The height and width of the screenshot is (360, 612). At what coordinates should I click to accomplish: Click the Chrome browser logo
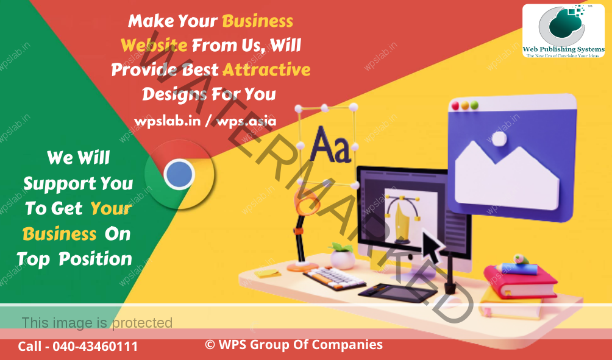[179, 175]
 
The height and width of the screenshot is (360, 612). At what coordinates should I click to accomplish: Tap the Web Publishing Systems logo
[563, 31]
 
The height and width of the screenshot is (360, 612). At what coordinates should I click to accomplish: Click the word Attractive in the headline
[266, 70]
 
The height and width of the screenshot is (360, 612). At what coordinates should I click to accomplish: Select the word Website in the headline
[154, 45]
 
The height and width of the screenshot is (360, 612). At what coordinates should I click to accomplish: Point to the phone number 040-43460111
[95, 347]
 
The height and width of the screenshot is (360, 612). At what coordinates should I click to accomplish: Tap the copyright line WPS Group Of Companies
[294, 345]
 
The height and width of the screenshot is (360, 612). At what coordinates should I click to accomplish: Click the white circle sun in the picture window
[499, 139]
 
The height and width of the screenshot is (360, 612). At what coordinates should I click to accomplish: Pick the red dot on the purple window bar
[455, 106]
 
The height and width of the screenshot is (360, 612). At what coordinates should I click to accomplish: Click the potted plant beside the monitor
[342, 255]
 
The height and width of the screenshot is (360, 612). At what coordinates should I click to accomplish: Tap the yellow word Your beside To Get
[110, 208]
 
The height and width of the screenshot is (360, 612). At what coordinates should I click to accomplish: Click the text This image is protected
[97, 322]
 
